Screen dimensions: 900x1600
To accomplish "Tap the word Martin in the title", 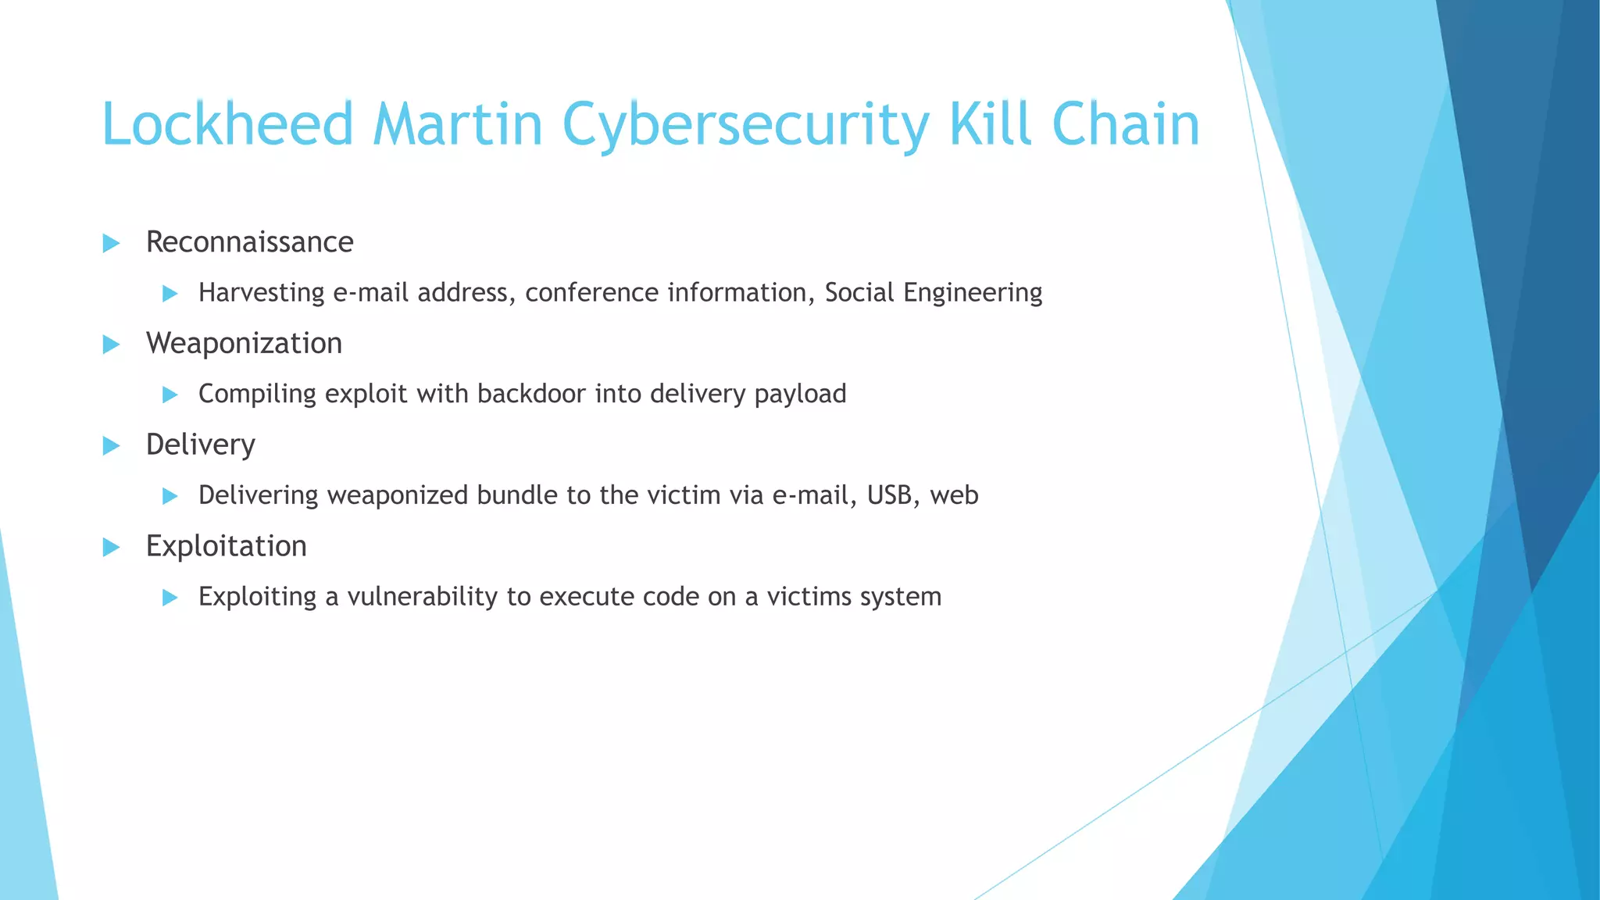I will click(458, 125).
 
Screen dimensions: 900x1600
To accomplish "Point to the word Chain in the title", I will click(1126, 125).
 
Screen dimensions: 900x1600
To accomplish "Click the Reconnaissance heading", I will click(249, 242).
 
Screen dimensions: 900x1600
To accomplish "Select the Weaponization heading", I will click(244, 344).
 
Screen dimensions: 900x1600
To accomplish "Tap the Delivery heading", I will click(201, 445).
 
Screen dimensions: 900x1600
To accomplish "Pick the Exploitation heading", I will click(226, 546).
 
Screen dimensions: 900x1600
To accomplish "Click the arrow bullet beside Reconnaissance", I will click(111, 244).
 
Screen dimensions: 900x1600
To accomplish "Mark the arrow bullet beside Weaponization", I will click(111, 345).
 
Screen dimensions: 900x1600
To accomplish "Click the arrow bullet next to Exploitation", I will click(111, 548).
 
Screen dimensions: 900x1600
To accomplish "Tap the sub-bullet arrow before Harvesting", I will click(170, 294).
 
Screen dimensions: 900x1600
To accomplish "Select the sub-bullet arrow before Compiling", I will click(170, 395).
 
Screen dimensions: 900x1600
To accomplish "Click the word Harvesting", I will click(261, 293).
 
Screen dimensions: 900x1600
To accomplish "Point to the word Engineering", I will click(973, 293).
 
